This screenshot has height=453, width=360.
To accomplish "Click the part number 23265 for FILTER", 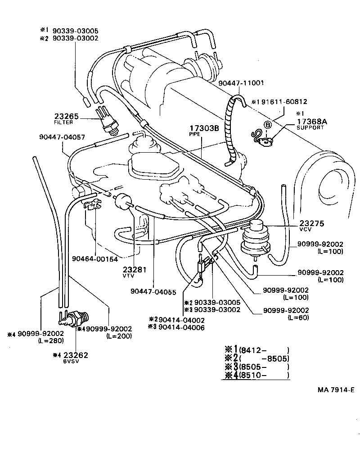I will pos(66,116).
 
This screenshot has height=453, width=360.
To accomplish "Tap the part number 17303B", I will pos(203,128).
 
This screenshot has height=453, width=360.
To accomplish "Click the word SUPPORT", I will pos(310,127).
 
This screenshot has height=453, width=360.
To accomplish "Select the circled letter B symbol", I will pos(267,125).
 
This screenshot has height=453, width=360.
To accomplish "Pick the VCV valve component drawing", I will pos(254,239).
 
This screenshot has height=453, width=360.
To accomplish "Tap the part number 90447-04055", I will pos(154,291).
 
